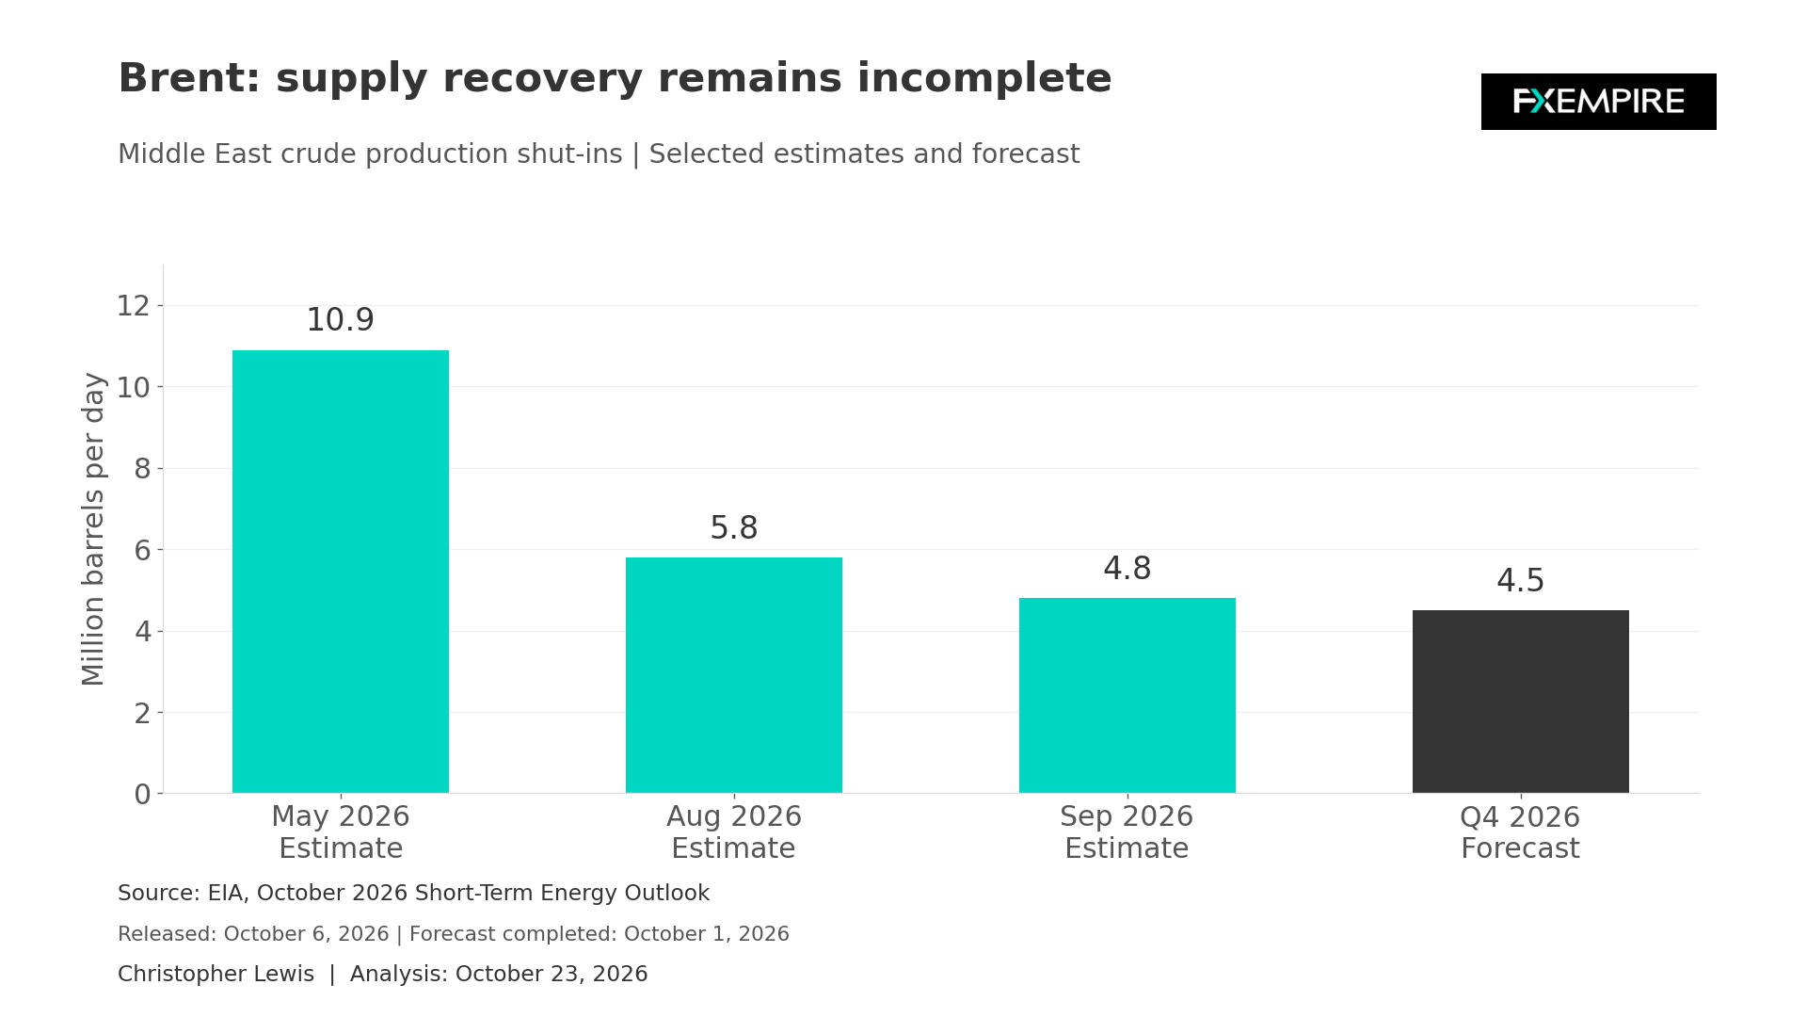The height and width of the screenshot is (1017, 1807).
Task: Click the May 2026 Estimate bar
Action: pos(341,572)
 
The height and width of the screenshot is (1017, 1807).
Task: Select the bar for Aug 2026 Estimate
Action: pos(734,675)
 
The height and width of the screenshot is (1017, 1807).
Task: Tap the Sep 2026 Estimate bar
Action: pos(1127,695)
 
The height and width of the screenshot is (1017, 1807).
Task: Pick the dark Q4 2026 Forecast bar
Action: pos(1521,702)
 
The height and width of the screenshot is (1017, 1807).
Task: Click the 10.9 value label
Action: pos(341,320)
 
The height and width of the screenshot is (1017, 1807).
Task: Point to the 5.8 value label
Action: pos(734,528)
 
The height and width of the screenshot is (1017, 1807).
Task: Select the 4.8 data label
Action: pos(1127,569)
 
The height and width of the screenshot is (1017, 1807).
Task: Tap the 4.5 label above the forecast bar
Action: pos(1521,581)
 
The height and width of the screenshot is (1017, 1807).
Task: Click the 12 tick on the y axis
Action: pos(134,306)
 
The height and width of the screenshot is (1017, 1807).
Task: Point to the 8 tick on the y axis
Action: pos(142,469)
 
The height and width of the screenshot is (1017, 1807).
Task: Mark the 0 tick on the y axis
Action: pos(142,794)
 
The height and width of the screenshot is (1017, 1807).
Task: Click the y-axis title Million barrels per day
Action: pos(93,529)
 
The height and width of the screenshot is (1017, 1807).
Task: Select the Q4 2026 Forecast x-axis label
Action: pos(1520,832)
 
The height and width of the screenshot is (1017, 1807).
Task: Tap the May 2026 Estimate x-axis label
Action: pos(341,832)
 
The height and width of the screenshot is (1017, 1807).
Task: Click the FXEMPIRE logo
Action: pos(1599,102)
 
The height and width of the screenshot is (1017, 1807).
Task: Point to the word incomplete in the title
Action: pos(984,78)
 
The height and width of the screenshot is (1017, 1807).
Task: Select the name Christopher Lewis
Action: pos(216,974)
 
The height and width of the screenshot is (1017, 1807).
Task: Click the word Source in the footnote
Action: pos(155,893)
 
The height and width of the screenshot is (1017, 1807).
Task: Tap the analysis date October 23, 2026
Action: pos(552,974)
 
